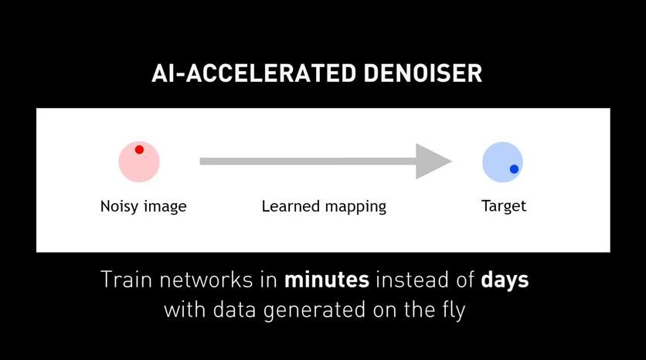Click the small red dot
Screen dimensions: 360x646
coord(139,150)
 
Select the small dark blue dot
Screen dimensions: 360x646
coord(514,168)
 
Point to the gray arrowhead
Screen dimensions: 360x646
coord(432,161)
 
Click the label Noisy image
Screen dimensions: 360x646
coord(143,206)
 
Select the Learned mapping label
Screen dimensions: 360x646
coord(324,206)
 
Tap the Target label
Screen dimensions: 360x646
coord(504,206)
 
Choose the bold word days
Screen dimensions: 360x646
coord(505,280)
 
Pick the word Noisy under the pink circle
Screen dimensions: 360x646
coord(120,206)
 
